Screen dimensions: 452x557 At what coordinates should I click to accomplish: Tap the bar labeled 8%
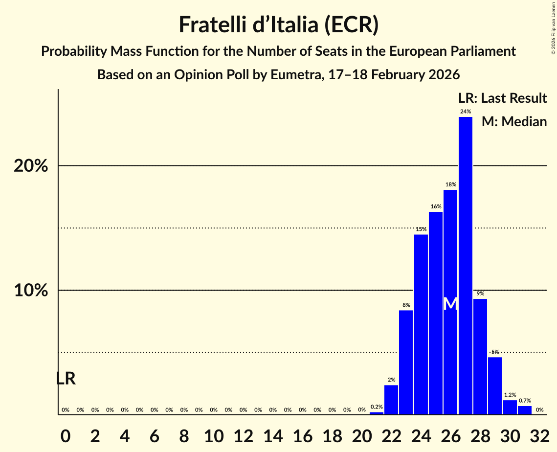coord(406,362)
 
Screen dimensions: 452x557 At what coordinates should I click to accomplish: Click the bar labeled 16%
coord(436,313)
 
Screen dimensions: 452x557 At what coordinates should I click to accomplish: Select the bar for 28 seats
coord(480,357)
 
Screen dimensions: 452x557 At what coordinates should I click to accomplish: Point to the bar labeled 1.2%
coord(510,407)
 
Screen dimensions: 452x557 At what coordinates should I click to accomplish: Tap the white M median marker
coord(451,304)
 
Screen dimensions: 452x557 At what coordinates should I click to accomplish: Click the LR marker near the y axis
coord(66,379)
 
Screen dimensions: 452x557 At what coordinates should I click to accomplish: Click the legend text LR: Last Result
coord(502,98)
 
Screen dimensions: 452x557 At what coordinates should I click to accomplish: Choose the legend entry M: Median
coord(514,121)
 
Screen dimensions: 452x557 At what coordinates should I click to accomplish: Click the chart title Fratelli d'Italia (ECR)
coord(278,25)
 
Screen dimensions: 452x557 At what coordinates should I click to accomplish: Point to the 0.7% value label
coord(525,401)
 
